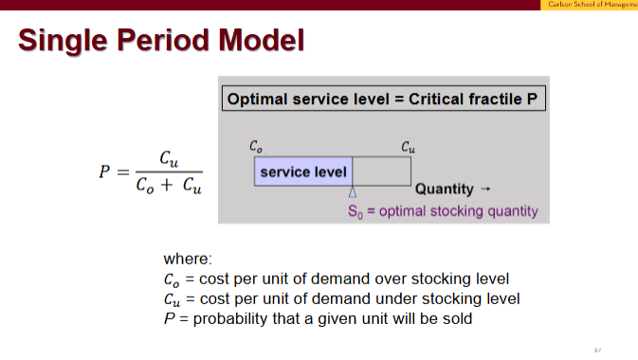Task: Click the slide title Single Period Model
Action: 161,40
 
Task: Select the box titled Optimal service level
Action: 385,99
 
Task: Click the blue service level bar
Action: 303,171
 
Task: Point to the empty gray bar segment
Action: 382,171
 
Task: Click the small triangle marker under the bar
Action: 353,191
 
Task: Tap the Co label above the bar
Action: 256,147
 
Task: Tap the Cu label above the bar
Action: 408,147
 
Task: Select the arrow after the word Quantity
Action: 486,189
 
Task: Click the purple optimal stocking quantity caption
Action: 443,210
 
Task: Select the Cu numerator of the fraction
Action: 168,157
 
